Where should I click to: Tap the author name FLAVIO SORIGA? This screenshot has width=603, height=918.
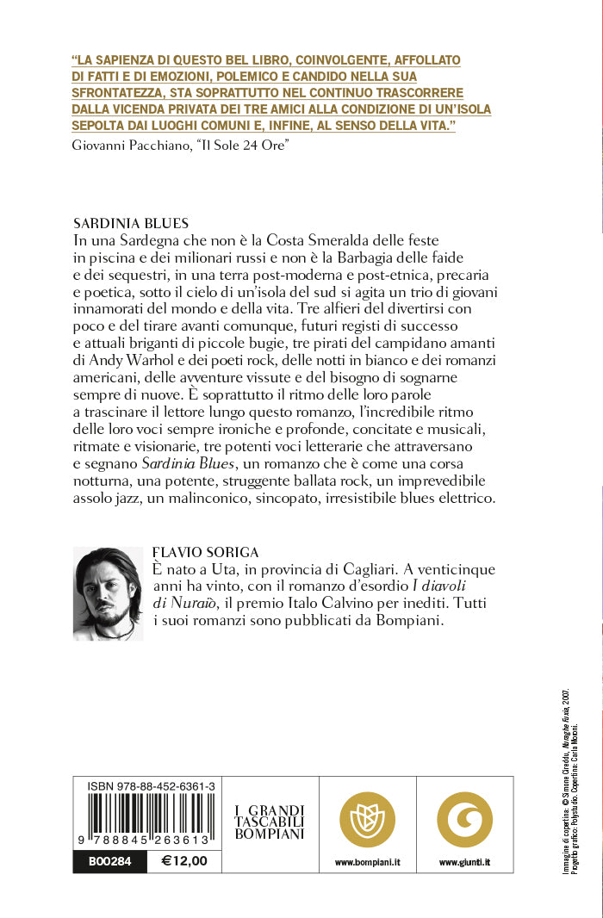205,552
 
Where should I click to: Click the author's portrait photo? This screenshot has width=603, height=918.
108,593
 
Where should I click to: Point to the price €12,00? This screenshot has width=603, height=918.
184,860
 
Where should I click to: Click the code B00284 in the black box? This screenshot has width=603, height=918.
109,860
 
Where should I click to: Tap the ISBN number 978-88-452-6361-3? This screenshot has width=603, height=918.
152,786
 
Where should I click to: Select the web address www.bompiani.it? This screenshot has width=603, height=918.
367,861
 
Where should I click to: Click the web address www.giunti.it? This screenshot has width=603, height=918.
465,861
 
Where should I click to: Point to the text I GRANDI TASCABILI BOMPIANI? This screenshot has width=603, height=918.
270,822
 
